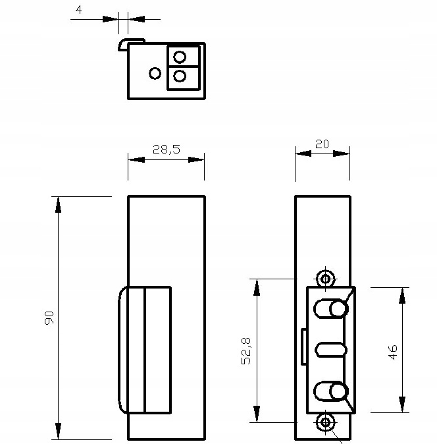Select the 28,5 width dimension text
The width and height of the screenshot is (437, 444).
[x=166, y=150]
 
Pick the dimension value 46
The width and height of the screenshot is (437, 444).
[x=393, y=351]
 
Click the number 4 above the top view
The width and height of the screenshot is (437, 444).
[x=79, y=11]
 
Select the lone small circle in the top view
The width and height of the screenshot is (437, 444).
[x=155, y=73]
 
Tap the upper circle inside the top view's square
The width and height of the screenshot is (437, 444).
[x=179, y=55]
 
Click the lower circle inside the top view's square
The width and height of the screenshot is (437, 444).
[x=179, y=77]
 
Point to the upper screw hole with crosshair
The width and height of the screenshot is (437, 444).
[x=325, y=279]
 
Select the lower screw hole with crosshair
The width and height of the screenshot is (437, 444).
[x=325, y=422]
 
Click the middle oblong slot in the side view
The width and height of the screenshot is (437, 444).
[x=330, y=350]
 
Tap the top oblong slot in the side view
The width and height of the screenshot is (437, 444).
[x=330, y=308]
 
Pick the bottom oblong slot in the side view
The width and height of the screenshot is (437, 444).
[x=330, y=392]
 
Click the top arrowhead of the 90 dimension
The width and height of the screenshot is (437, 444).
[x=59, y=204]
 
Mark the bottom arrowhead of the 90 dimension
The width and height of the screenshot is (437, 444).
[x=59, y=431]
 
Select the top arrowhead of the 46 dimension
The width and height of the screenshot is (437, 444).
[x=401, y=294]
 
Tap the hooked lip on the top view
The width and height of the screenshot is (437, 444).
[x=123, y=43]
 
